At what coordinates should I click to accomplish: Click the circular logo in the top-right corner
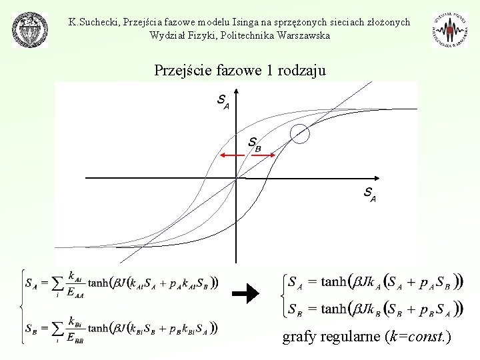[x=450, y=30]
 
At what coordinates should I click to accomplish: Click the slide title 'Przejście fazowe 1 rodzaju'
[x=240, y=69]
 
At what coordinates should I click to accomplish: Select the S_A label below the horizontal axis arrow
[x=369, y=195]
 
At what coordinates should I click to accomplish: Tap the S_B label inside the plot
[x=254, y=143]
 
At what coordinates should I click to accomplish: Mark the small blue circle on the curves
[x=301, y=134]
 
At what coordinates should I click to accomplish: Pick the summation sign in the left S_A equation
[x=57, y=283]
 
